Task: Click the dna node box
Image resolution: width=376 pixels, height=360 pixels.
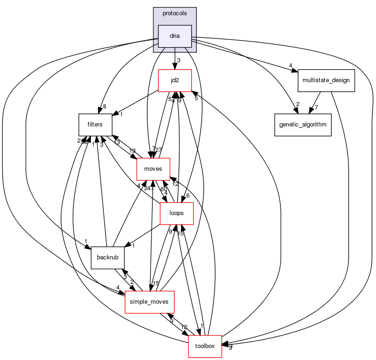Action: click(x=175, y=36)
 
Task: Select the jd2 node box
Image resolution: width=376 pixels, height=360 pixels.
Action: click(x=175, y=80)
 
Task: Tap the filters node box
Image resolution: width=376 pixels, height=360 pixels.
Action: click(x=95, y=125)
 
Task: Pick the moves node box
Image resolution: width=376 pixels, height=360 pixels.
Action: click(x=153, y=169)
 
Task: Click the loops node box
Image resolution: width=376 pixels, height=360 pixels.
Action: click(x=176, y=213)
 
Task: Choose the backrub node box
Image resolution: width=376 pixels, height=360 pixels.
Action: click(x=108, y=258)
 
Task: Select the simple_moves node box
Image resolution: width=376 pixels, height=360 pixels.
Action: click(x=149, y=302)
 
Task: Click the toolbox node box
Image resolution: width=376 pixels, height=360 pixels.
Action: click(x=205, y=346)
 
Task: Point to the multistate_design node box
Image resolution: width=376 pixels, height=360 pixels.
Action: click(x=326, y=80)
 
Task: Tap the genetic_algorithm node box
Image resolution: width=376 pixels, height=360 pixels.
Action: click(x=303, y=125)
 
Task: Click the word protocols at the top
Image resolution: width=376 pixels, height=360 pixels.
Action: click(x=175, y=13)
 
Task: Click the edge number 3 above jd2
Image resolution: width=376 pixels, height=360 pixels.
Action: click(x=178, y=61)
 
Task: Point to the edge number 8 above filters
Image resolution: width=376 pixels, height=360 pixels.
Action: click(x=104, y=107)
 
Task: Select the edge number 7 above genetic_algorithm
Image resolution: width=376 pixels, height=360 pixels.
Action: click(x=316, y=108)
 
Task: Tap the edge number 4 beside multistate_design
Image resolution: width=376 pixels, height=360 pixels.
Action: click(x=291, y=66)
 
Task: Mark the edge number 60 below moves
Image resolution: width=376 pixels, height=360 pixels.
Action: click(x=163, y=189)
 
